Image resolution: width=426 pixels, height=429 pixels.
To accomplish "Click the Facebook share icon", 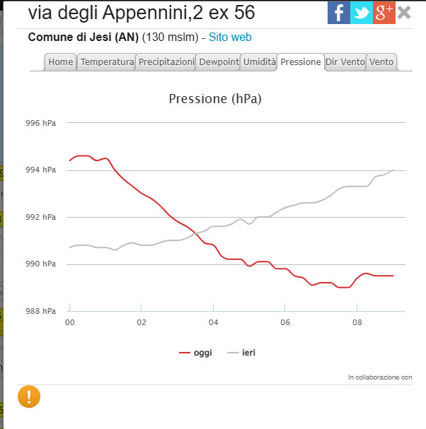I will tap(339, 13).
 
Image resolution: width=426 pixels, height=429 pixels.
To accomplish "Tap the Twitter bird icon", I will tap(362, 13).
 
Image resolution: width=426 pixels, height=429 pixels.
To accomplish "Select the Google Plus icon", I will tap(384, 13).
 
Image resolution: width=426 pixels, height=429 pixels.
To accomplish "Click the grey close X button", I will tap(404, 13).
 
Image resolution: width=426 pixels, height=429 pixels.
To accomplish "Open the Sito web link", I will tap(230, 37).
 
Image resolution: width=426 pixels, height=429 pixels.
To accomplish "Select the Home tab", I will tap(61, 62).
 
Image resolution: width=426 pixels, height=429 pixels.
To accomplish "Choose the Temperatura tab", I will tap(107, 62).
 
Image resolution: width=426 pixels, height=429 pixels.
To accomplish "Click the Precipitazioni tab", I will tap(166, 62).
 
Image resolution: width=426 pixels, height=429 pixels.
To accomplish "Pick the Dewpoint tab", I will tap(219, 62).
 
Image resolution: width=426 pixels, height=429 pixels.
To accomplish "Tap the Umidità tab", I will tap(259, 62).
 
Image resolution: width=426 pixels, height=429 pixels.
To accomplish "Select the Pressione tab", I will tap(301, 62).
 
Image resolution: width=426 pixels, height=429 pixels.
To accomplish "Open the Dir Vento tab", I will tap(345, 62).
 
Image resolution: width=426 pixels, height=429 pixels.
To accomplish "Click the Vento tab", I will tap(381, 62).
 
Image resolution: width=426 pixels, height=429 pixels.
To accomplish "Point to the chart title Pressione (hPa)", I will tap(215, 99).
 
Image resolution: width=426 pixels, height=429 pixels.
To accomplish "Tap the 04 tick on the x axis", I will tap(213, 322).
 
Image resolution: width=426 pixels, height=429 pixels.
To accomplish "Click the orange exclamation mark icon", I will tap(29, 396).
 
